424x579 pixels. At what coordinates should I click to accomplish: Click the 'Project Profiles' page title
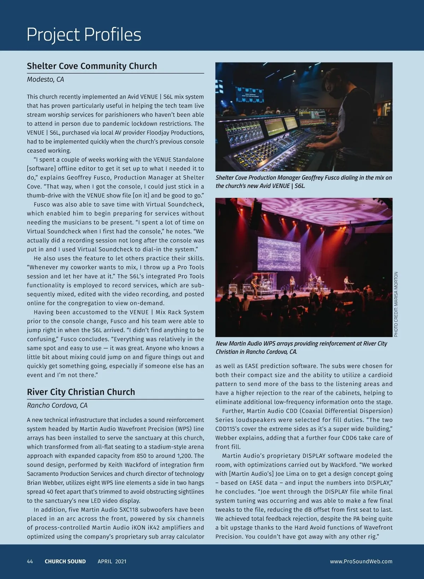[84, 35]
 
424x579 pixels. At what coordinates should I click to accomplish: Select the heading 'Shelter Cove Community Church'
[92, 66]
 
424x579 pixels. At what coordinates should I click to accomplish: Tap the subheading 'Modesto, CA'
[45, 80]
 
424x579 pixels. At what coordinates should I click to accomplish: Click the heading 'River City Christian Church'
[81, 392]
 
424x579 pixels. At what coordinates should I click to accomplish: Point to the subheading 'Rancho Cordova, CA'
[57, 405]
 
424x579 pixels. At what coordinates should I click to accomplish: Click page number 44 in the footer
[30, 561]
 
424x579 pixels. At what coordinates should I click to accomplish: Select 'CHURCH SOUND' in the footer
[65, 561]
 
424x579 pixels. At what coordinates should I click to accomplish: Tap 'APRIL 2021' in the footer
[112, 561]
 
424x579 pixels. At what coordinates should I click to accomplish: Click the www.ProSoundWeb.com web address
[361, 561]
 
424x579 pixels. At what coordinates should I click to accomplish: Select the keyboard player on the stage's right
[347, 282]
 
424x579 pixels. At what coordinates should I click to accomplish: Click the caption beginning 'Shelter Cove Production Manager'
[304, 182]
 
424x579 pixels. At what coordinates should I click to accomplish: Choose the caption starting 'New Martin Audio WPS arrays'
[301, 347]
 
